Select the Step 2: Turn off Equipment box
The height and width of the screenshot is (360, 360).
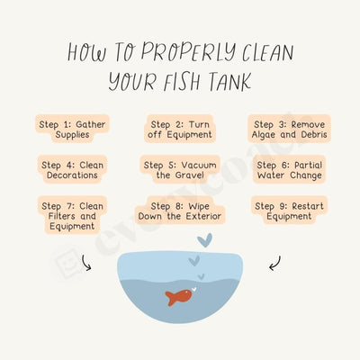(180, 128)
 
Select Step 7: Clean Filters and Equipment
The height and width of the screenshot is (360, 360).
(72, 214)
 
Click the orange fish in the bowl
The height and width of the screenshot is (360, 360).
(180, 296)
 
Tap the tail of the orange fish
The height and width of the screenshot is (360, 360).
(170, 298)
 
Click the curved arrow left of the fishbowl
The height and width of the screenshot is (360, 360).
(87, 263)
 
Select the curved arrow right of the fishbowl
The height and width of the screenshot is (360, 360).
(274, 263)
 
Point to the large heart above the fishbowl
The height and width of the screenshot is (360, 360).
(205, 240)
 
